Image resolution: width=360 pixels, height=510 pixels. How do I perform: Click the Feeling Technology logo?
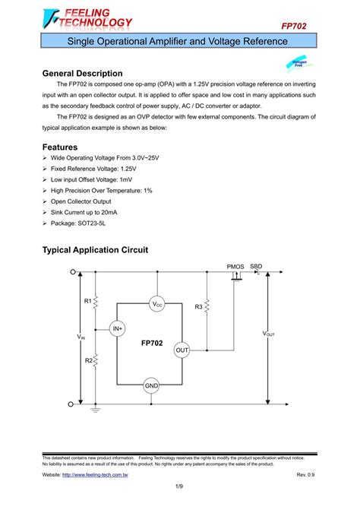click(x=88, y=17)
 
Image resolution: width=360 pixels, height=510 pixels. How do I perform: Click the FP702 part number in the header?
click(x=295, y=26)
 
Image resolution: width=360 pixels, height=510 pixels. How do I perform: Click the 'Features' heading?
click(x=60, y=147)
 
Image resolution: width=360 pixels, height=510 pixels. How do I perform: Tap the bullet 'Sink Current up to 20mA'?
click(x=90, y=214)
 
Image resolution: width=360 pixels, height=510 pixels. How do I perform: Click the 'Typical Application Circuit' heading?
click(x=95, y=250)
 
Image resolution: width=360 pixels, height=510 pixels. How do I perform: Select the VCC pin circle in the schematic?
click(x=157, y=304)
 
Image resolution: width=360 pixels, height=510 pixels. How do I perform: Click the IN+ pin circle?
click(x=117, y=328)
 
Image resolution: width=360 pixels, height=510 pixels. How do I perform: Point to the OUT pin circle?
click(x=182, y=350)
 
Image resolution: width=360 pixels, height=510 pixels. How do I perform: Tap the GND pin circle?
click(x=152, y=386)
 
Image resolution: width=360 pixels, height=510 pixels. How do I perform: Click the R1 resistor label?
click(x=87, y=302)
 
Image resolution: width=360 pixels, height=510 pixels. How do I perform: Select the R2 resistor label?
click(x=87, y=360)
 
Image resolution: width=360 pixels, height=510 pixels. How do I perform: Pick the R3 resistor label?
click(x=198, y=306)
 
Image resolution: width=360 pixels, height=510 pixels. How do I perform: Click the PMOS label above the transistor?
click(x=235, y=267)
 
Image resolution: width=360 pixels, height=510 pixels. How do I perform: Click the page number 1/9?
click(x=180, y=486)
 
